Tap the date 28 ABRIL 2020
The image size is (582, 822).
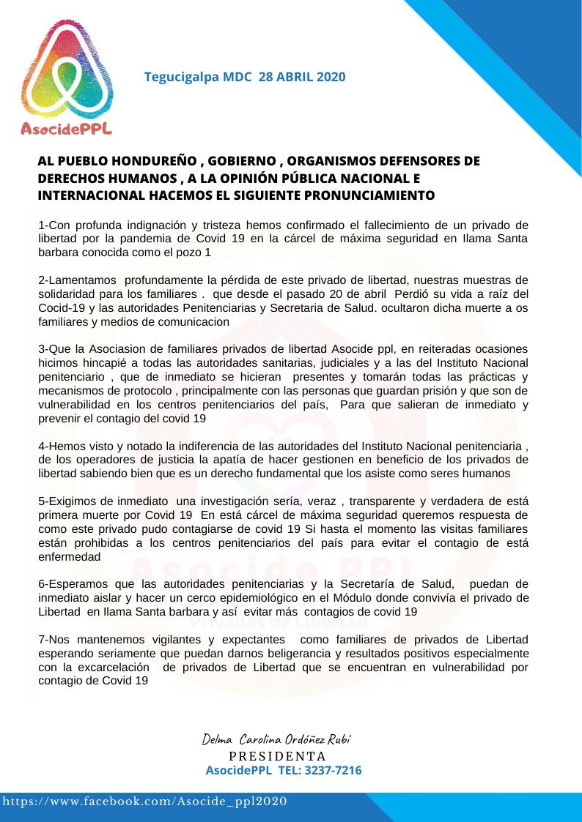(x=302, y=77)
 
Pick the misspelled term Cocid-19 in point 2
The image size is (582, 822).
(x=60, y=294)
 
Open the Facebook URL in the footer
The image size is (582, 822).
(x=144, y=802)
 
